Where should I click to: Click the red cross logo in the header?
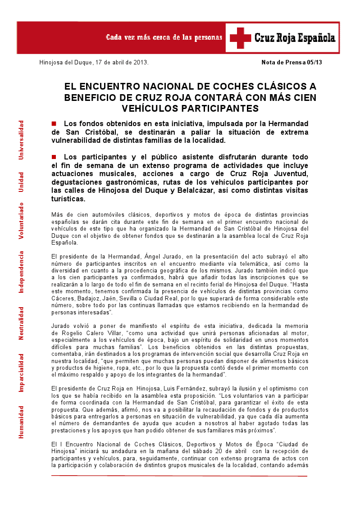pos(240,38)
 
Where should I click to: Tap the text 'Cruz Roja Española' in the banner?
pos(295,38)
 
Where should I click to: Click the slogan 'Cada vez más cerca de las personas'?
pos(164,37)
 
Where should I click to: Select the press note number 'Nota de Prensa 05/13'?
pos(292,62)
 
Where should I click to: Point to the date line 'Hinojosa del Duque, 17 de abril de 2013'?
pos(94,62)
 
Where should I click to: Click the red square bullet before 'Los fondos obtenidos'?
pos(54,123)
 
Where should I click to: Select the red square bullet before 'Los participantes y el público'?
pos(54,157)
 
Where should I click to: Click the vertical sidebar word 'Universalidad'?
pos(20,140)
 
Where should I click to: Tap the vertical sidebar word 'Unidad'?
pos(20,182)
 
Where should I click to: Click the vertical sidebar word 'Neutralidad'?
pos(20,323)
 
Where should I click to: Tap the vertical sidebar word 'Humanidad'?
pos(20,422)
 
